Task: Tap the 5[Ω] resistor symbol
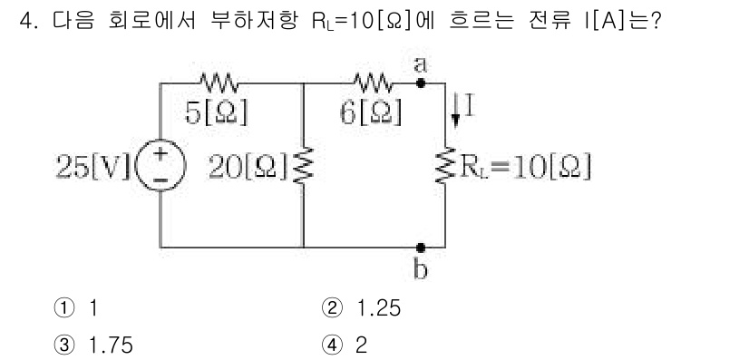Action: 218,83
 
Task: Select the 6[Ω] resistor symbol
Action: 374,83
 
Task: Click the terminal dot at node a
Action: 420,83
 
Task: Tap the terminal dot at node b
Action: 420,247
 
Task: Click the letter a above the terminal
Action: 420,64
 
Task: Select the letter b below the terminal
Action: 420,268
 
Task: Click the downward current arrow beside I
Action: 458,112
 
